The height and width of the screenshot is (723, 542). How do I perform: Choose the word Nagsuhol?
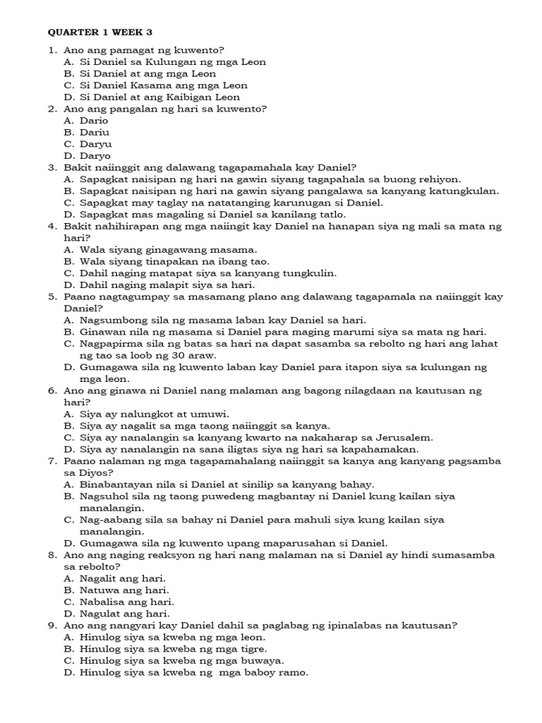point(104,496)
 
